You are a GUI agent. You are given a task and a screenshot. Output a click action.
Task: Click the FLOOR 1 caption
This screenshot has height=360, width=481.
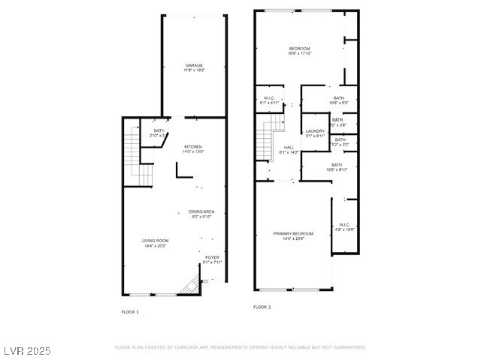pyautogui.click(x=130, y=311)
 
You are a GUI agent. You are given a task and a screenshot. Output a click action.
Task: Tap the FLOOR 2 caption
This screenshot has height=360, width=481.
pyautogui.click(x=262, y=307)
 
